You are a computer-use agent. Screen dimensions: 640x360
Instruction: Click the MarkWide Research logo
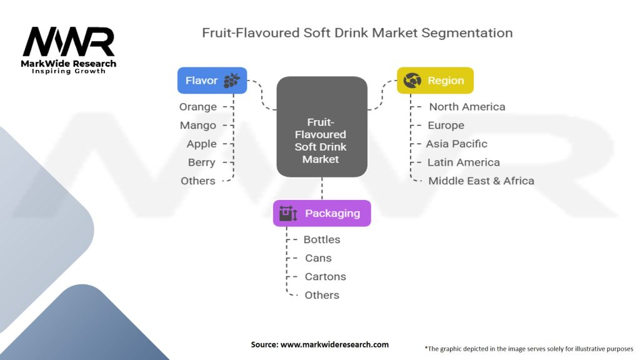tap(69, 49)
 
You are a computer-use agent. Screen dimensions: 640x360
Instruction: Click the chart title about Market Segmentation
tap(357, 32)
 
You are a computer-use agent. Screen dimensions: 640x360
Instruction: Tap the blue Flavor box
tap(212, 81)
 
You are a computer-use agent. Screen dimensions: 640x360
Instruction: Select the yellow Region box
tap(435, 81)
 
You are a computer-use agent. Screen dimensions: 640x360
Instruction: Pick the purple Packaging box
tap(322, 213)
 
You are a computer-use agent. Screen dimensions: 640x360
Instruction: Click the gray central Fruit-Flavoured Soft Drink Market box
tap(321, 126)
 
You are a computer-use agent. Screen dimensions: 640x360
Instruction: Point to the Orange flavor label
tap(198, 107)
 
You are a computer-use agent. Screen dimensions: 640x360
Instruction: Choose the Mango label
tap(198, 126)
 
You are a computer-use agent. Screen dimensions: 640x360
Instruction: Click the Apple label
tap(201, 144)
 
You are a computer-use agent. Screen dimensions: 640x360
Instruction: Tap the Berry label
tap(201, 162)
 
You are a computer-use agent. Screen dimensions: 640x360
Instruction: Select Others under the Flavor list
tap(198, 181)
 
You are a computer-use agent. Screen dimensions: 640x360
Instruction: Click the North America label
tap(467, 107)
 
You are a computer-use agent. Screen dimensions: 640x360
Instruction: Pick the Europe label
tap(446, 126)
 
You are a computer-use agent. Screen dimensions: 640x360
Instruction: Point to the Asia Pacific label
tap(456, 144)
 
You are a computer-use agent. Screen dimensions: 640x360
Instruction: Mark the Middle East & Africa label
tap(481, 181)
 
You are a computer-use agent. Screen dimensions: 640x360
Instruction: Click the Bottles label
tap(322, 239)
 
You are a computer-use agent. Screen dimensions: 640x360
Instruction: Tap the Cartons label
tap(325, 276)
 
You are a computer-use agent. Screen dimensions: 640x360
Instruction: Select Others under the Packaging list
tap(322, 295)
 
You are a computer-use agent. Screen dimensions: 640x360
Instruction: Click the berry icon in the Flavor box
tap(232, 81)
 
